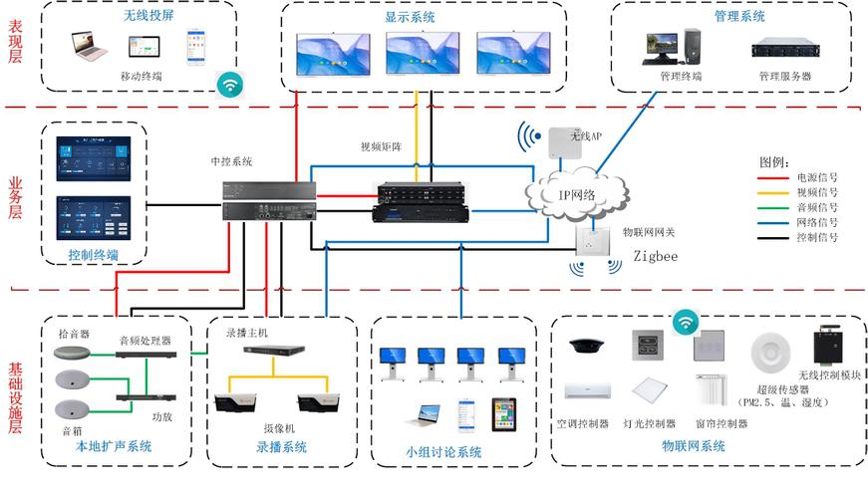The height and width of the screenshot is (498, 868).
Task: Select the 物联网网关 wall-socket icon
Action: (596, 241)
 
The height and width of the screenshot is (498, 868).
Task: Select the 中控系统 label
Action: (231, 161)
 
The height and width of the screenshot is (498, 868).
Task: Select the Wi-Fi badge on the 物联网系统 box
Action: (685, 322)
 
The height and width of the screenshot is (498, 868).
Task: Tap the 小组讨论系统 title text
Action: (442, 452)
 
